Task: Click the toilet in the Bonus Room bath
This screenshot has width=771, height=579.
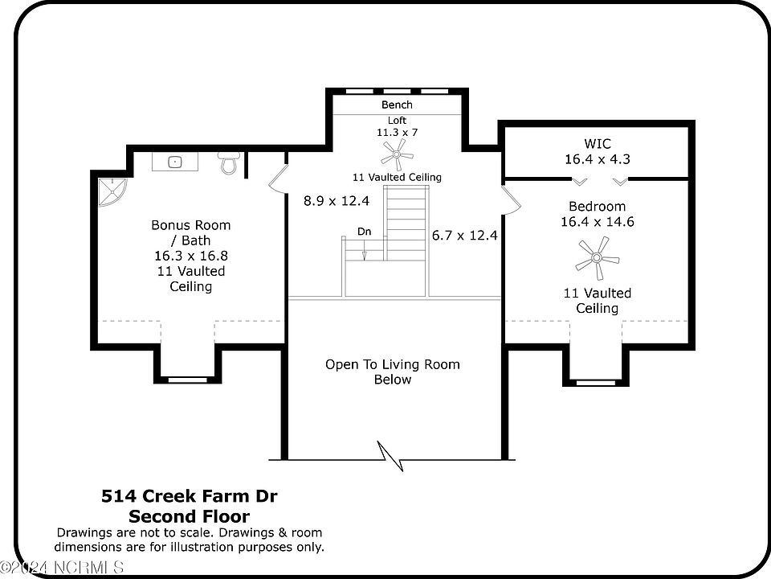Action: [x=230, y=162]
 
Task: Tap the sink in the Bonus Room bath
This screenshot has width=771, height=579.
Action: [x=174, y=162]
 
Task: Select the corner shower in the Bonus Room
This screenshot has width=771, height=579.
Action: [x=112, y=191]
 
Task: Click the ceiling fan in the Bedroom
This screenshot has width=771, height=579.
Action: [x=597, y=257]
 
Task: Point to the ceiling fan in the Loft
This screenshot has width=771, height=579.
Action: [x=397, y=154]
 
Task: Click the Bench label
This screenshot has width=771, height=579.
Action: [x=397, y=105]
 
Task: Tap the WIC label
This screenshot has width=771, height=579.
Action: [x=598, y=144]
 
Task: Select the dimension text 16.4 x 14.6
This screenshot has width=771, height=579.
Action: [x=598, y=222]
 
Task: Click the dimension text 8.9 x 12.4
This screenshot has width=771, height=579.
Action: [x=337, y=201]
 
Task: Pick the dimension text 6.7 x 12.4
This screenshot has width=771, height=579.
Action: [x=465, y=236]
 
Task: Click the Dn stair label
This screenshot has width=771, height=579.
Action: [x=365, y=232]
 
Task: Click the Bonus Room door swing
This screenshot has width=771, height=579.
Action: [x=278, y=178]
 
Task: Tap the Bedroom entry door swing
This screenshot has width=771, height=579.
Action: [x=511, y=199]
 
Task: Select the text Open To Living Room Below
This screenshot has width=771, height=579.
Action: [x=393, y=372]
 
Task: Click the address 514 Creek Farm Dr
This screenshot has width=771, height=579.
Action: [x=190, y=496]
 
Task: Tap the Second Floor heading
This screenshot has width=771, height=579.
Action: [x=190, y=516]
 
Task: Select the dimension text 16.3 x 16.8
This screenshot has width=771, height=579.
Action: [x=191, y=256]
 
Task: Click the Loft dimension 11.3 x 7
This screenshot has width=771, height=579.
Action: [x=397, y=133]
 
